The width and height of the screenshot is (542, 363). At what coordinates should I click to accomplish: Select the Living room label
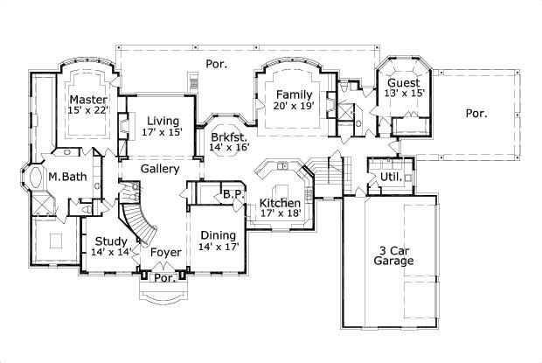point(162,121)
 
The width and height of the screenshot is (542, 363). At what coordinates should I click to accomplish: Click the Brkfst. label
point(229,137)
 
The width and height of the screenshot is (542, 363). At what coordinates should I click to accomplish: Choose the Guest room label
point(404,84)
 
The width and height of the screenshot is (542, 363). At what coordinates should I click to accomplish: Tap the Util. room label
point(390,178)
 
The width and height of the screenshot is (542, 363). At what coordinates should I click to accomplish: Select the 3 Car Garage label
point(393,255)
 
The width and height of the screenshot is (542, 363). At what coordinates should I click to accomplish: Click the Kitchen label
point(280,204)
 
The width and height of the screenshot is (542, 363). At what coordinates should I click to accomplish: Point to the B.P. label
point(232,194)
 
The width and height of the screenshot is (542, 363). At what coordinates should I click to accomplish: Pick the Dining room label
point(218,234)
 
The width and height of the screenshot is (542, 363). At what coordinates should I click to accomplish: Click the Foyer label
point(165,252)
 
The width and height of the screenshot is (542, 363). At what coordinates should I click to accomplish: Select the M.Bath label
point(65,177)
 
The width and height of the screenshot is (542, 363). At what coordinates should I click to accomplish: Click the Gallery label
point(160,169)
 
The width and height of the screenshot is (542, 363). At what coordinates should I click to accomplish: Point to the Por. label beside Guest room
point(476,113)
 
